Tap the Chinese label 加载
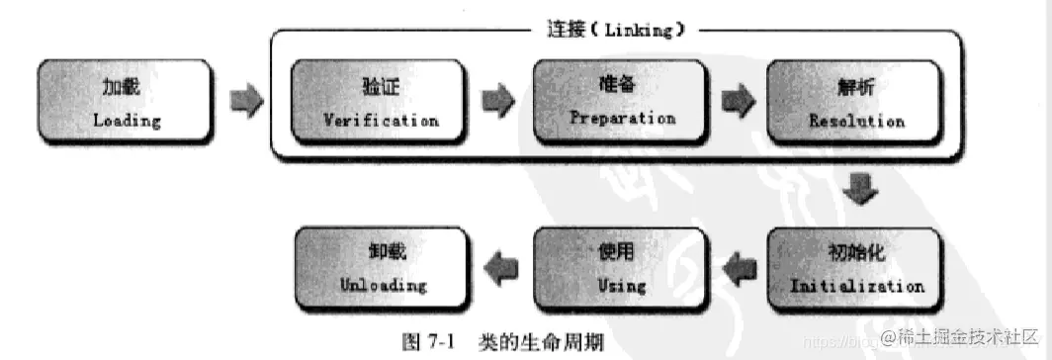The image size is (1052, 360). tap(123, 87)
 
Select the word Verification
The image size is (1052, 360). tap(381, 120)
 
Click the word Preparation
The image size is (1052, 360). tap(622, 117)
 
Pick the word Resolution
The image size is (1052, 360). tap(856, 121)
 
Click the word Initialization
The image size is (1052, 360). tap(856, 286)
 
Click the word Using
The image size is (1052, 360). tap(622, 286)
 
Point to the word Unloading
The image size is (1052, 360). tap(384, 285)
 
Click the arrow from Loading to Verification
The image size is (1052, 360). tap(247, 100)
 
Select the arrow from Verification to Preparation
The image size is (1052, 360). tap(498, 100)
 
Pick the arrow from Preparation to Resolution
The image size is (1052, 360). tap(737, 100)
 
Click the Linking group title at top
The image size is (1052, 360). tap(616, 30)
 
